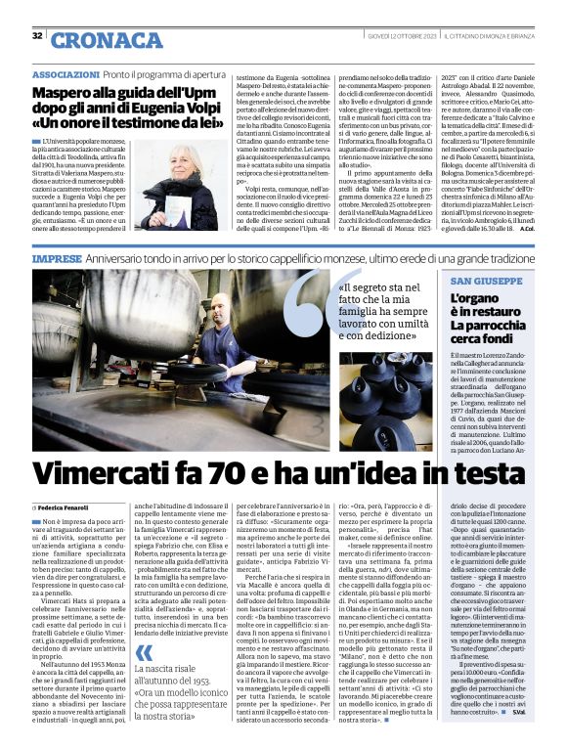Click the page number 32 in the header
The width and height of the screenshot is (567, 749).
point(37,35)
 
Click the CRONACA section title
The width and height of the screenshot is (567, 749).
point(108,40)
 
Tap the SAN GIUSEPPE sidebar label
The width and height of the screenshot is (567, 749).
point(484,280)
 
